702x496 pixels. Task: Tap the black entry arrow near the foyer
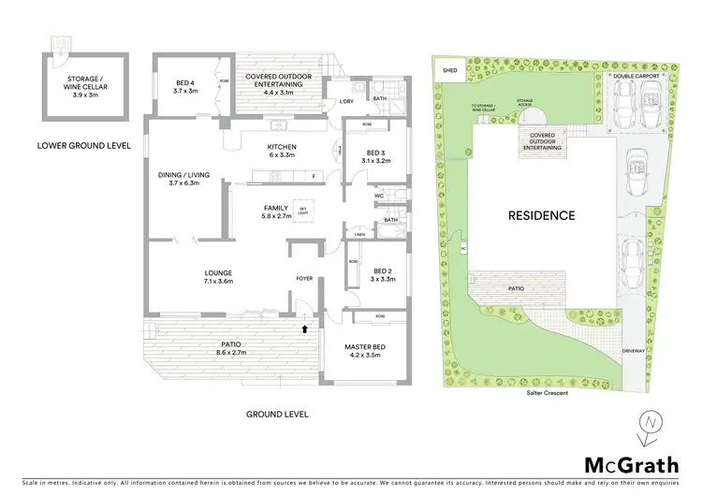click(303, 328)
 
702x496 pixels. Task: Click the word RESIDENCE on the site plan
click(541, 215)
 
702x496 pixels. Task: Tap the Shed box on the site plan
click(449, 69)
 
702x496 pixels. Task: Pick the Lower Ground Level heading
click(84, 146)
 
